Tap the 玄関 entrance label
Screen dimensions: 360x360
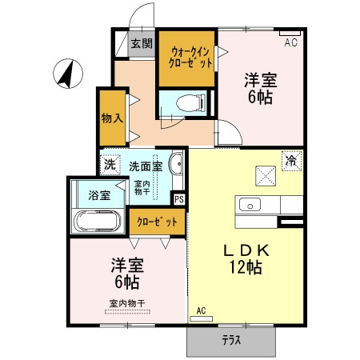point(141,43)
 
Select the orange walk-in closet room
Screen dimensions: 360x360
point(187,58)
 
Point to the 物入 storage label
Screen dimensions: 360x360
point(112,118)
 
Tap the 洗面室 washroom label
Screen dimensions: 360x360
point(146,166)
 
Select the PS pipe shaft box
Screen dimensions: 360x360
point(178,199)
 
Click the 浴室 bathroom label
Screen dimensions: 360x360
point(98,194)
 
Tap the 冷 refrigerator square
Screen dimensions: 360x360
point(292,161)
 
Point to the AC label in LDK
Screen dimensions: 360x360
point(202,310)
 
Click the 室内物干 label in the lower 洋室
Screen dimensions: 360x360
point(126,303)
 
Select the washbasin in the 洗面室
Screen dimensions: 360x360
point(177,166)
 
